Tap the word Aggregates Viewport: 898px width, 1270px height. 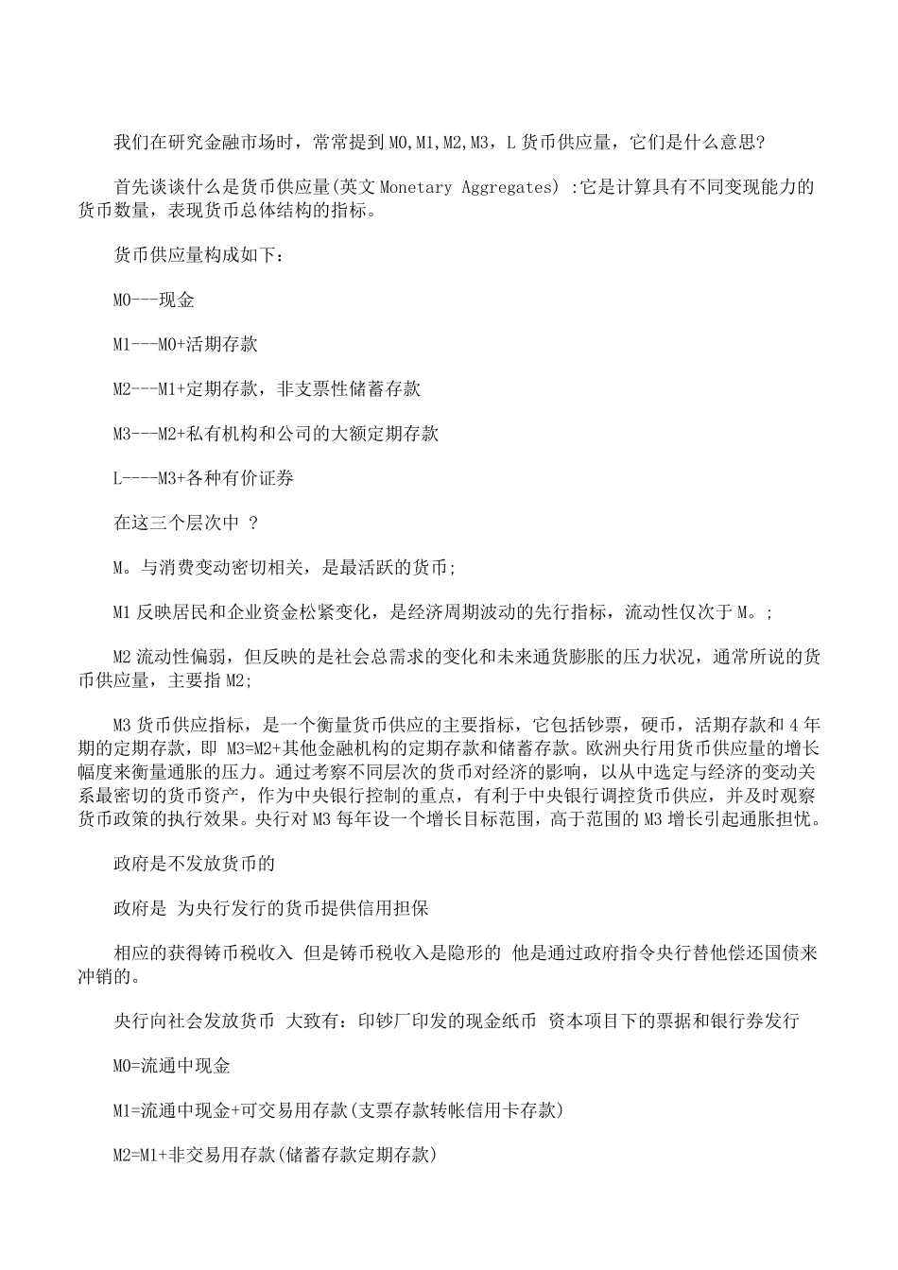(x=506, y=187)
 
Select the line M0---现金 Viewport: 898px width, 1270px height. (x=153, y=300)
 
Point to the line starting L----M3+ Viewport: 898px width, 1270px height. (x=203, y=478)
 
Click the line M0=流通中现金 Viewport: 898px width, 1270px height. (x=172, y=1066)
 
